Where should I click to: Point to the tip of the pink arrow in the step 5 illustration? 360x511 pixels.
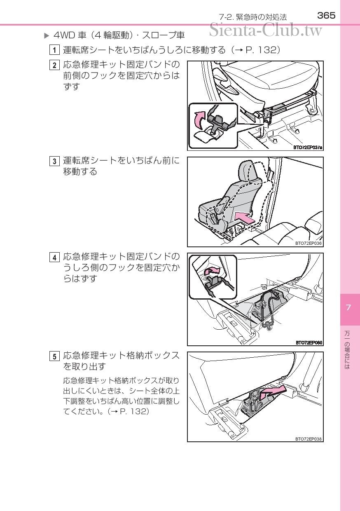coord(286,387)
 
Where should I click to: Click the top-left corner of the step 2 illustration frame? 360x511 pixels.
coord(187,61)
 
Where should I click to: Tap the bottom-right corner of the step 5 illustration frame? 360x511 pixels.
coord(323,442)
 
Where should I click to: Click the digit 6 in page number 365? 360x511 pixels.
coord(327,16)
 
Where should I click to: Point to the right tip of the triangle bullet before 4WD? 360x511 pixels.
coord(49,36)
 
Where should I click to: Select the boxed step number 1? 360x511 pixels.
coord(54,50)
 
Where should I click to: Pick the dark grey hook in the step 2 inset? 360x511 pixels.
coord(217,123)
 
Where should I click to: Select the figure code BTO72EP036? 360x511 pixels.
coord(309,243)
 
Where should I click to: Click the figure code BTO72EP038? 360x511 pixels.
coord(309,439)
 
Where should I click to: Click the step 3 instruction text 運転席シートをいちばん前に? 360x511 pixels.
coord(121,161)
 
